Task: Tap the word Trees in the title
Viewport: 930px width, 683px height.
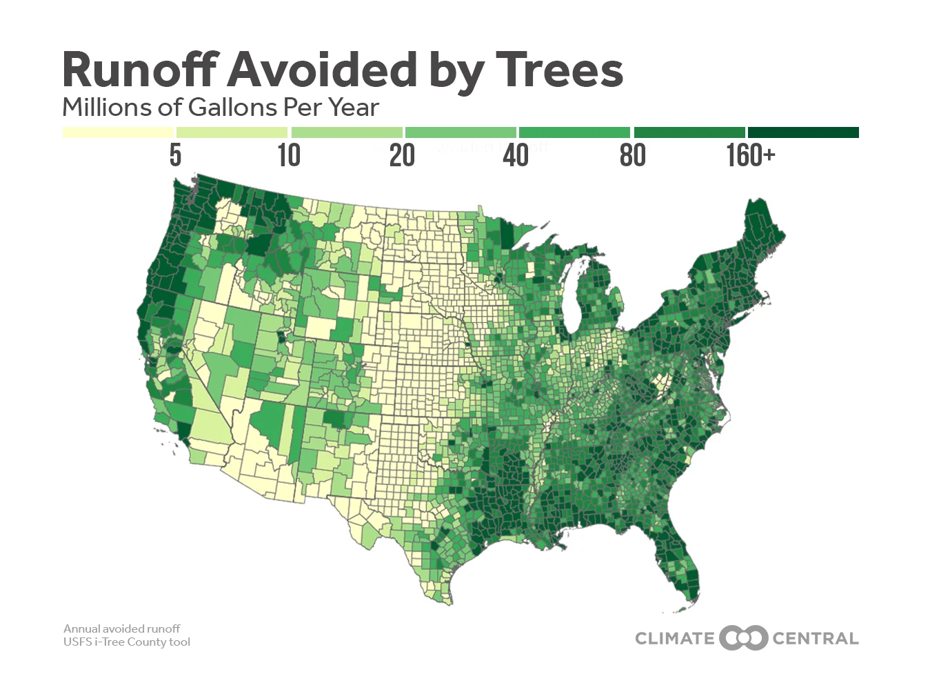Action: point(559,70)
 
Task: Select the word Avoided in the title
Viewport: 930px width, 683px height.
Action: point(323,70)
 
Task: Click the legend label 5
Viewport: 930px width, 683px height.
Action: point(175,156)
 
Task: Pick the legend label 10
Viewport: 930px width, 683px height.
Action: point(289,156)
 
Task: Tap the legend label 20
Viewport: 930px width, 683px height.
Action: point(402,156)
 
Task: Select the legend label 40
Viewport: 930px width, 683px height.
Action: point(515,156)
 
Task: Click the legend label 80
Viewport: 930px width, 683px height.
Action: point(632,156)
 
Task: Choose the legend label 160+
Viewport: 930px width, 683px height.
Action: point(750,156)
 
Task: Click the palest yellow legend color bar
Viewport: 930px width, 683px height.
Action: point(118,132)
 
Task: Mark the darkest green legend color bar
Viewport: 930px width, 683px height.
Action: point(803,132)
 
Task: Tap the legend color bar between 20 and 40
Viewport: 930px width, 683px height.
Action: point(461,132)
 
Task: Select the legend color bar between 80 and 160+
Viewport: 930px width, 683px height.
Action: point(689,132)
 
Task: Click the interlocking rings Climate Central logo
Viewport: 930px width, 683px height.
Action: point(743,638)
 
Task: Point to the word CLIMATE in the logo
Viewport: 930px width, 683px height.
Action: point(674,638)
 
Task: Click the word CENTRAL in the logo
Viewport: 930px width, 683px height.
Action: point(815,638)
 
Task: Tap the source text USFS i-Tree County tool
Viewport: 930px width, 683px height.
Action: point(127,642)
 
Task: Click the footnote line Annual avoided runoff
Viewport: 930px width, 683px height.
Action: point(122,628)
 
